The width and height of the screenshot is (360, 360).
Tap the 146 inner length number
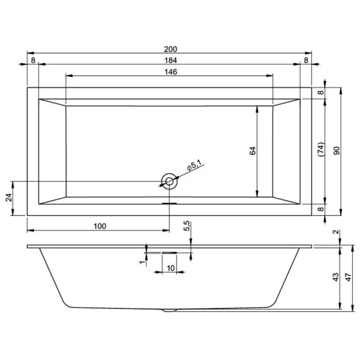[170, 72]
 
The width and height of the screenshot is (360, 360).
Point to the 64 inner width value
[253, 152]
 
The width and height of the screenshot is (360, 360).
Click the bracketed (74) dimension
[320, 150]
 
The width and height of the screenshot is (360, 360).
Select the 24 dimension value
[9, 198]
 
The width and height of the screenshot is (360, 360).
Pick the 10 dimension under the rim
[170, 268]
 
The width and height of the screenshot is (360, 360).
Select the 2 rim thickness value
[337, 232]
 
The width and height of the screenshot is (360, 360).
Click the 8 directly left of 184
[33, 60]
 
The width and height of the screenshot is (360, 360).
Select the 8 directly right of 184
[306, 60]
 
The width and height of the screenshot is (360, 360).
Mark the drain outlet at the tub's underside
[170, 311]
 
